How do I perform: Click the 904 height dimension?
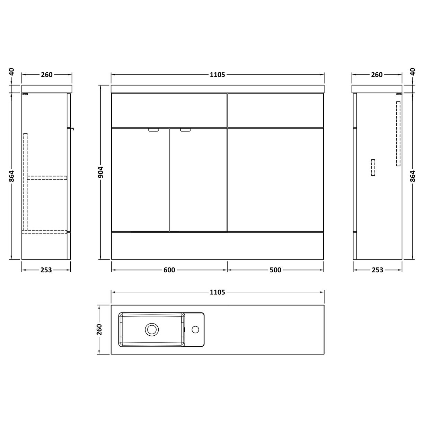(x=100, y=173)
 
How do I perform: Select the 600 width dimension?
(x=169, y=270)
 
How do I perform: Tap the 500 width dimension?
(x=275, y=270)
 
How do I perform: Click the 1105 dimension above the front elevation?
(x=217, y=74)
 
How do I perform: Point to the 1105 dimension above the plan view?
(x=217, y=292)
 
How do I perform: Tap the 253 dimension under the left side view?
(x=46, y=270)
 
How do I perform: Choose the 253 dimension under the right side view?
(x=377, y=270)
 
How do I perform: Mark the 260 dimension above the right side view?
(x=377, y=74)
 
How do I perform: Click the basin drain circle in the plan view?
(x=151, y=329)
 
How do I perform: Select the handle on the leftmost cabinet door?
(x=153, y=130)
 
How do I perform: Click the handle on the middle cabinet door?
(x=185, y=130)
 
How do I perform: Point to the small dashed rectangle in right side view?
(x=373, y=167)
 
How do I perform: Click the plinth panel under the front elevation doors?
(x=217, y=246)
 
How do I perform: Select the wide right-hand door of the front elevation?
(x=275, y=179)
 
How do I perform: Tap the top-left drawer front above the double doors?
(x=169, y=110)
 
